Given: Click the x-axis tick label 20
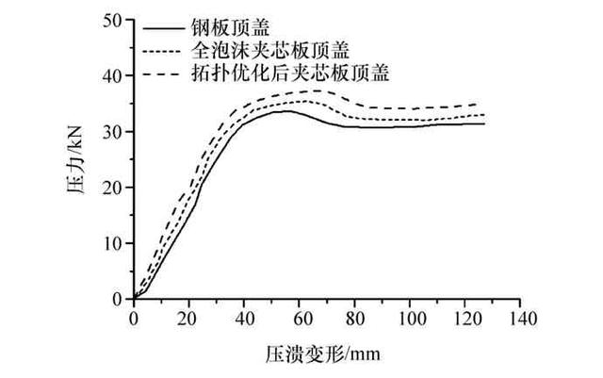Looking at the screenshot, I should [x=189, y=317].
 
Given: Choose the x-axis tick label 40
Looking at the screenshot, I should [x=244, y=317].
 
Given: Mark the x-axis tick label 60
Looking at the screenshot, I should [x=300, y=317].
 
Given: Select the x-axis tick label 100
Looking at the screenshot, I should [x=411, y=317].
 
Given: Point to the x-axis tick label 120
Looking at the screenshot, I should [x=465, y=317].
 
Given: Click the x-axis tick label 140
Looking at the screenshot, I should [x=521, y=317].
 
